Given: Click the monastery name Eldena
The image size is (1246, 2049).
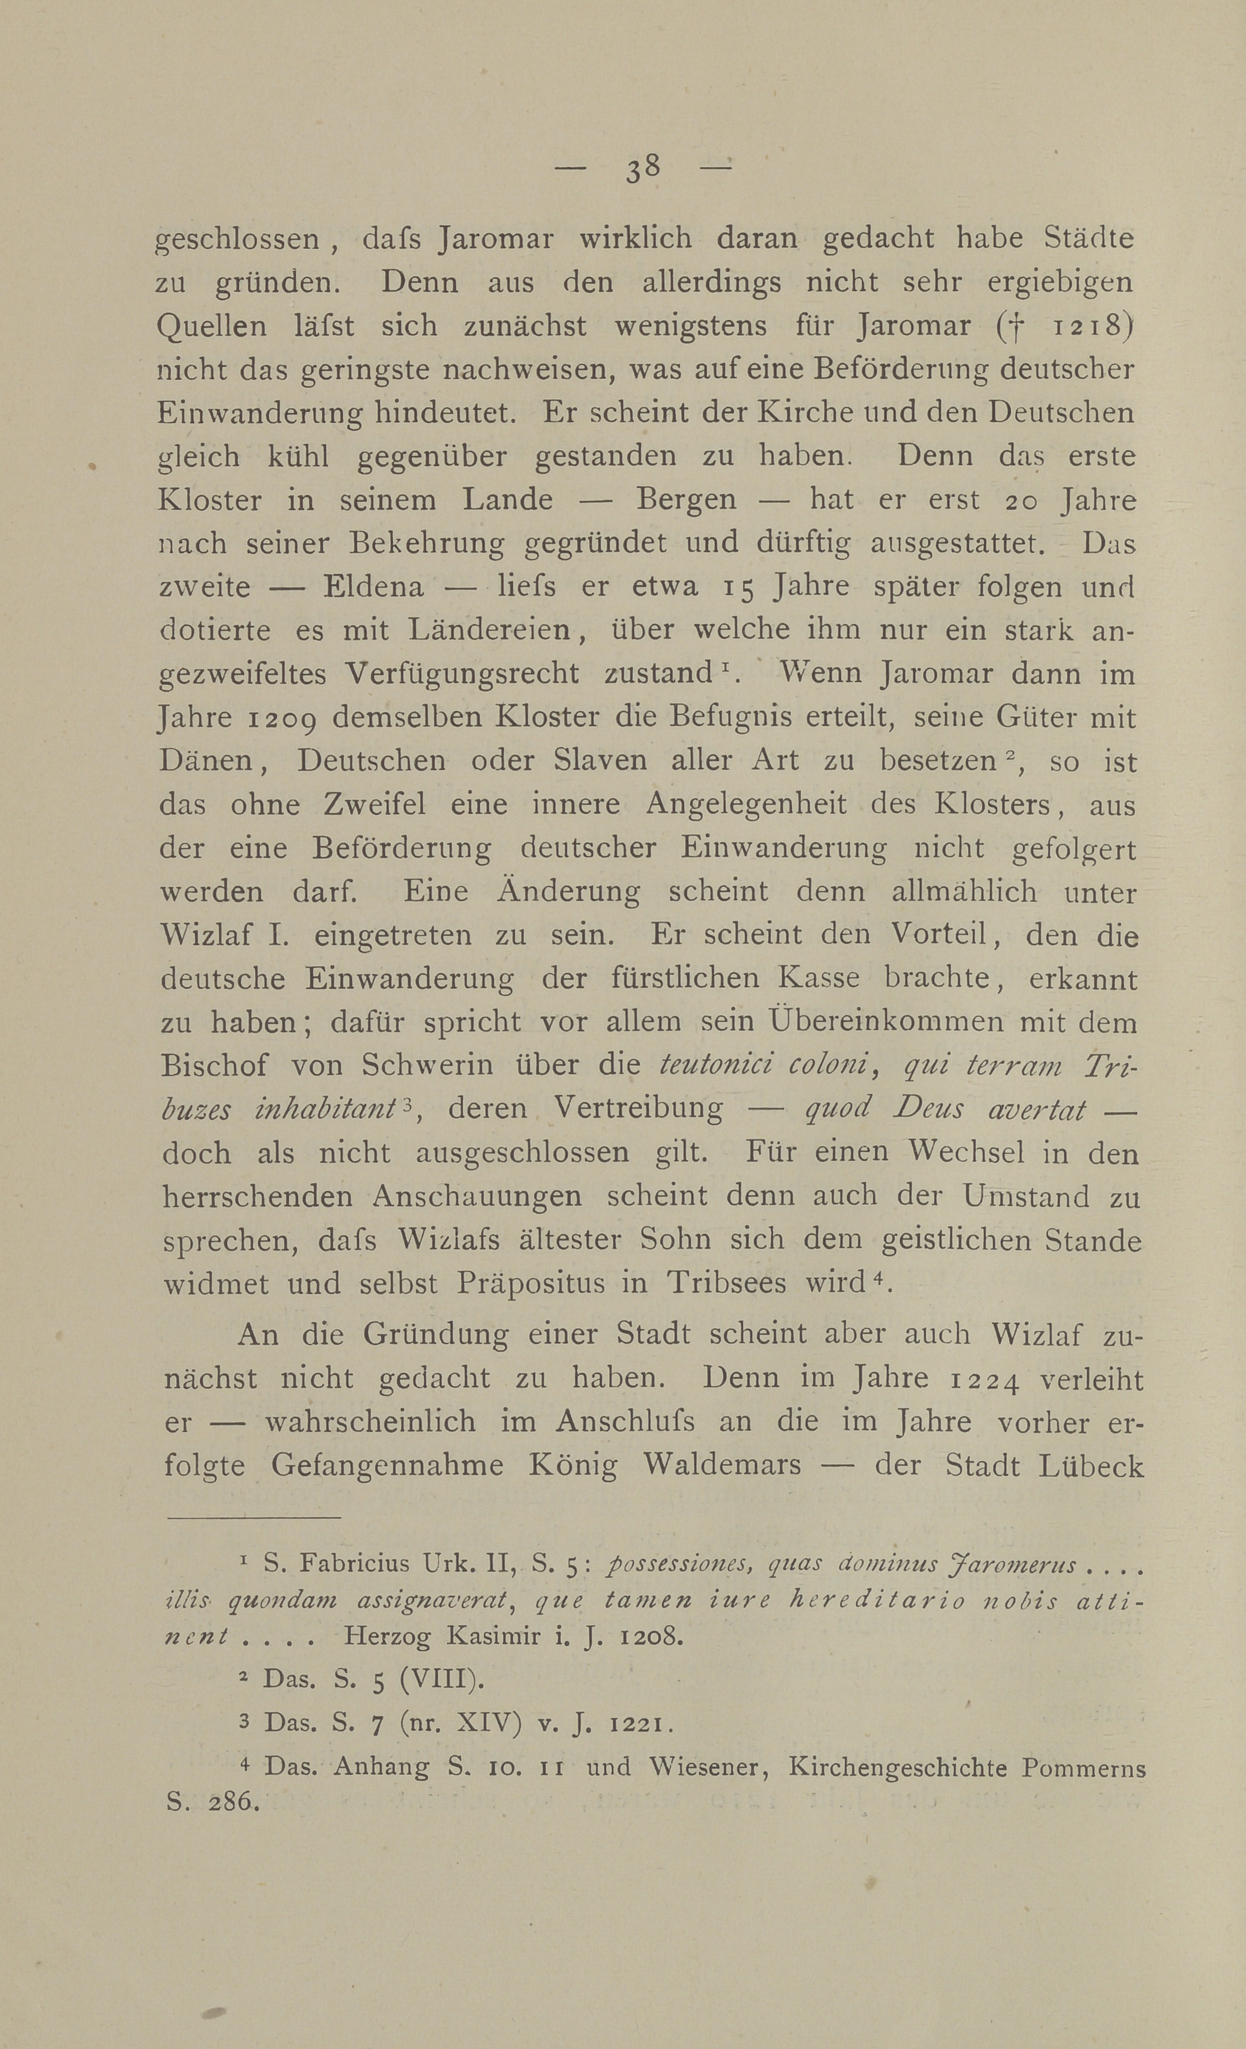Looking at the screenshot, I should (373, 587).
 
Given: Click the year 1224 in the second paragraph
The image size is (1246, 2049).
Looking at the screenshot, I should (984, 1380).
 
